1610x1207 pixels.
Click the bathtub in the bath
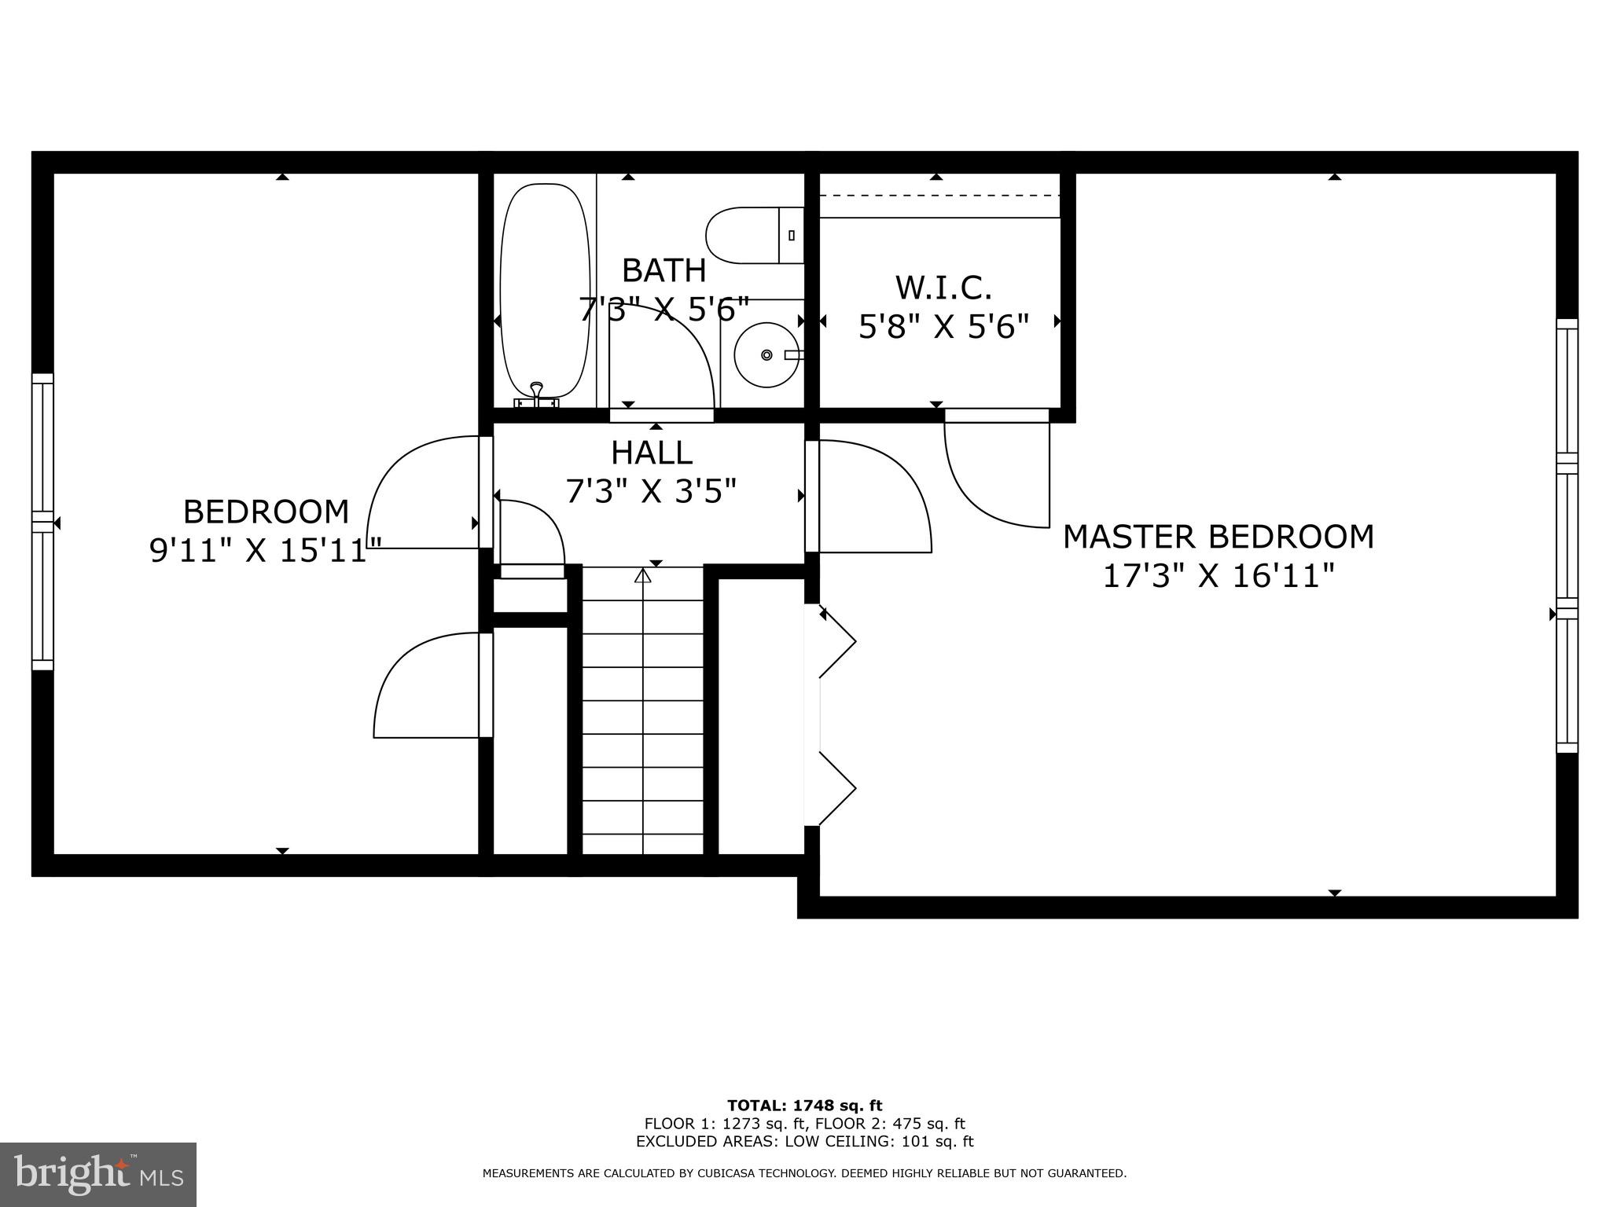pos(545,291)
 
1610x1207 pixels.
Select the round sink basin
pos(765,355)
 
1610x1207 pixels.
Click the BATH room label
pos(663,270)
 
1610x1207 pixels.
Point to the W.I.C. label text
pos(943,288)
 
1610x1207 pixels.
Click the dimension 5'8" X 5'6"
pos(943,327)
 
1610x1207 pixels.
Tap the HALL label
pos(652,453)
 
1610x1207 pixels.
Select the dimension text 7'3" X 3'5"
pos(652,492)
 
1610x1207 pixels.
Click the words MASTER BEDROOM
pos(1219,537)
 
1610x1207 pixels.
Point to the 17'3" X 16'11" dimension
pos(1219,577)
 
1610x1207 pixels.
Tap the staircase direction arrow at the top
pos(643,576)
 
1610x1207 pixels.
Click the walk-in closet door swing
pos(991,479)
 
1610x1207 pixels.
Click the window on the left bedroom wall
pos(42,522)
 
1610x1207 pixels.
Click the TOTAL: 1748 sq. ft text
pos(804,1106)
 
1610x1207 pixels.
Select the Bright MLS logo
pos(98,1175)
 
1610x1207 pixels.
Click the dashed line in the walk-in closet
pos(939,195)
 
